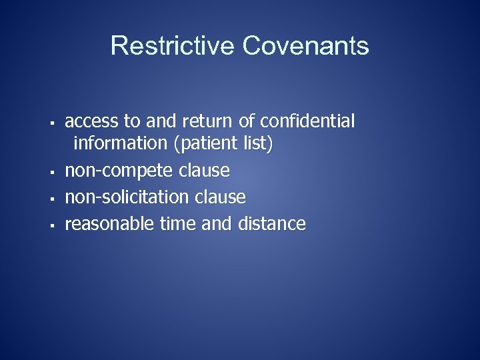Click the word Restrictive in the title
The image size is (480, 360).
coord(173,46)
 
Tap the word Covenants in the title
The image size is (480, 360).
coord(305,46)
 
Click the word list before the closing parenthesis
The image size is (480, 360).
coord(259,143)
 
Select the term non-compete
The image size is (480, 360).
coord(119,171)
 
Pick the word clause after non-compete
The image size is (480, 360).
coord(204,171)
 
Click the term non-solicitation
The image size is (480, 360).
coord(127,197)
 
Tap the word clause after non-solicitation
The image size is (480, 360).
coord(220,197)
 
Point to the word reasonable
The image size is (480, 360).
coord(109,224)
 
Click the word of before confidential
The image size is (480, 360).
coord(246,121)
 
